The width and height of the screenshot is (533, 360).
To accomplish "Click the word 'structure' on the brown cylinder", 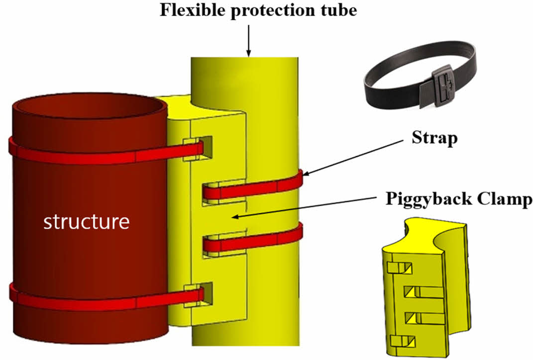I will point(87,222).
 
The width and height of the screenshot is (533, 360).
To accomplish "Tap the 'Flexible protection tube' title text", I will point(258,10).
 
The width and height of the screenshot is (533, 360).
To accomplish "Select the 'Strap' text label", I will point(434,138).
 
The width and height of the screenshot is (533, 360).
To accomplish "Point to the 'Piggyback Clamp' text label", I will point(459,199).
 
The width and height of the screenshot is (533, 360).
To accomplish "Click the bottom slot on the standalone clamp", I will point(403,341).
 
